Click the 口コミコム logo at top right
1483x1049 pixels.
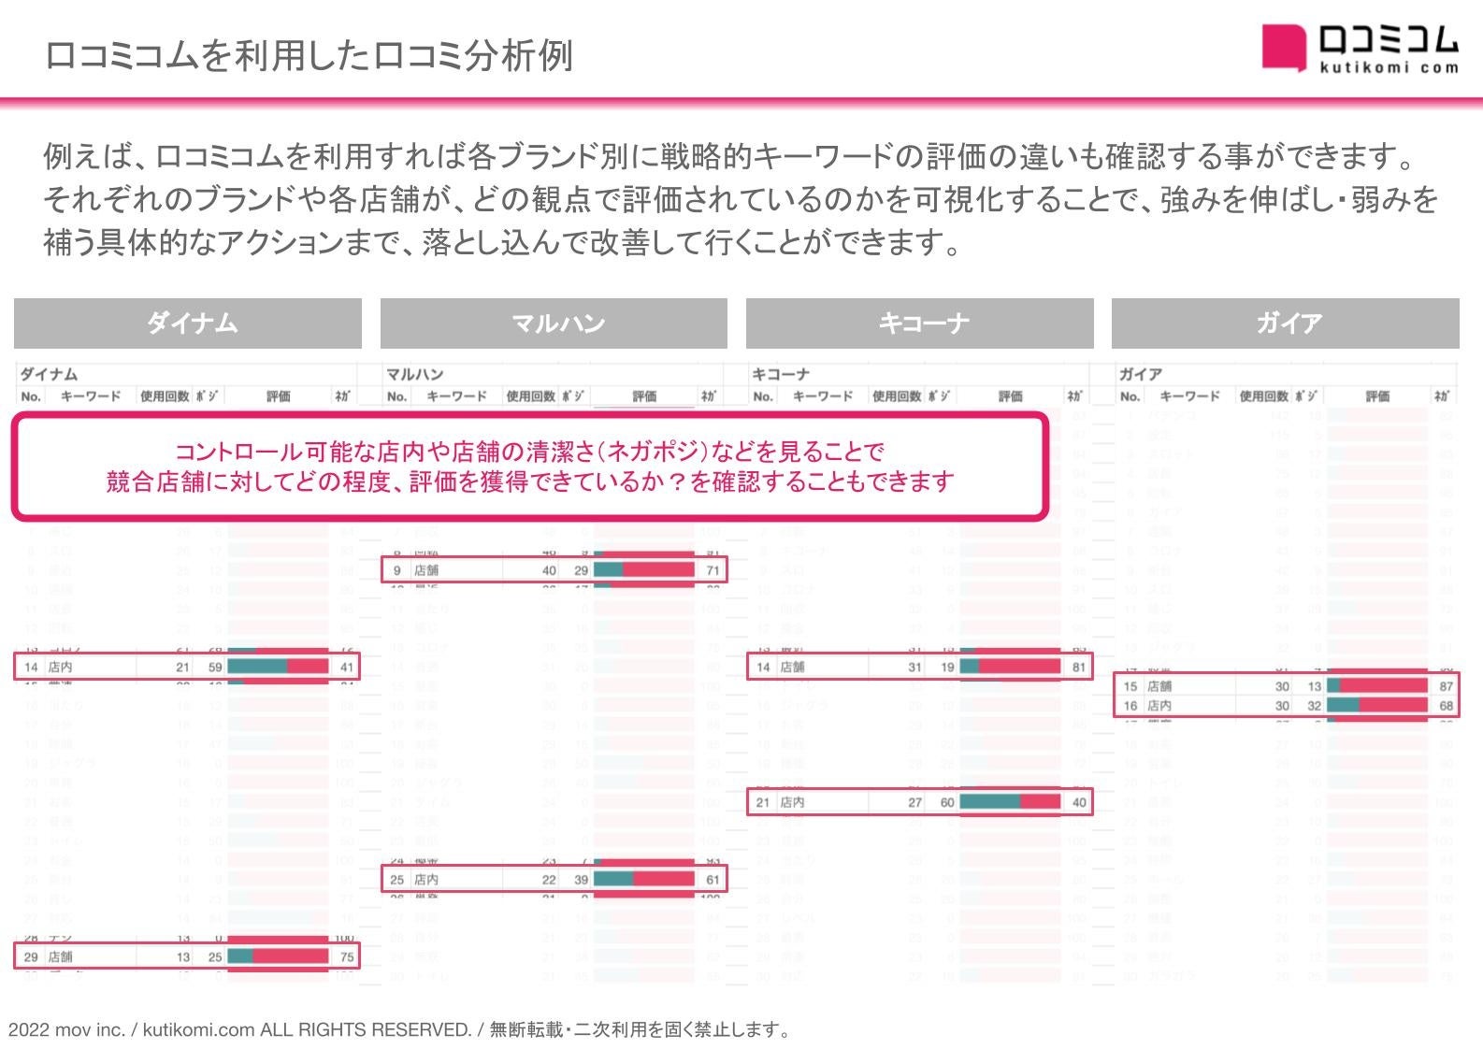click(1360, 48)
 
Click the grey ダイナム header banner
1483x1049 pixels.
click(188, 323)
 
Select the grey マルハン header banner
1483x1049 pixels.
click(554, 323)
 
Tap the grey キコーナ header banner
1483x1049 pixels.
click(919, 323)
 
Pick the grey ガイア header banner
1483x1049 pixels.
click(1285, 323)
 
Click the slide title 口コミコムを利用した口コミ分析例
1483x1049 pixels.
click(309, 56)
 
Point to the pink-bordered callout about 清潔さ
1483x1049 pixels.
click(529, 467)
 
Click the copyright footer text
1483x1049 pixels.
click(400, 1029)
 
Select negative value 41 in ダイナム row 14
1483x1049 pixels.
click(347, 668)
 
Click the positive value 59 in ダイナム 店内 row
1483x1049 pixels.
click(215, 668)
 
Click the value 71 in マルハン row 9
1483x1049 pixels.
click(713, 570)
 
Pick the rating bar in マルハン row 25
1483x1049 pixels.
click(644, 880)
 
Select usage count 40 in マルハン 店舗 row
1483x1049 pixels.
click(549, 570)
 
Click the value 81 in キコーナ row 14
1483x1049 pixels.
click(1079, 668)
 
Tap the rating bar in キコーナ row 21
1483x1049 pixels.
click(1010, 802)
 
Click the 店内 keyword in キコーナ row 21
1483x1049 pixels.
click(792, 802)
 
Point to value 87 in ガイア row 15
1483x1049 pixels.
click(1447, 686)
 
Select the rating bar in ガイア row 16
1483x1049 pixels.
click(1376, 706)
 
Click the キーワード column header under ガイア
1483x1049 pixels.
click(1189, 396)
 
